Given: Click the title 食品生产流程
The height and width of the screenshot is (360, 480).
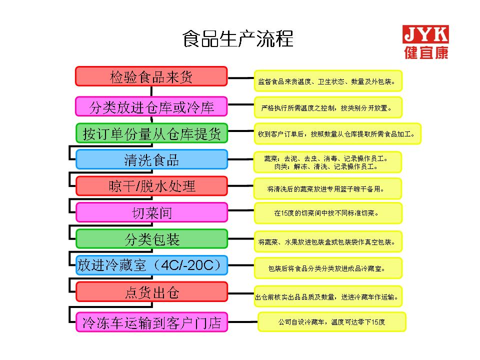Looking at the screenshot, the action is pos(238,39).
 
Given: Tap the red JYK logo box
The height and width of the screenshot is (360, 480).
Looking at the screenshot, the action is pos(425,34).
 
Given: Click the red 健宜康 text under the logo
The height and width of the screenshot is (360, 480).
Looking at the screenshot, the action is pos(426,52).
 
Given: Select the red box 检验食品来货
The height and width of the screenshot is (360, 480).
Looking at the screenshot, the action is pos(151,76).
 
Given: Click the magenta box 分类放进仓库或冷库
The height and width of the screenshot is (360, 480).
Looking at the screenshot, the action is pos(151,106).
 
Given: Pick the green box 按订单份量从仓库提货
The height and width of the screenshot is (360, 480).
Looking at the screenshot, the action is pos(151,133).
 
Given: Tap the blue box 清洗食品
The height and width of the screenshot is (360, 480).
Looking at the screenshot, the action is pos(151,159).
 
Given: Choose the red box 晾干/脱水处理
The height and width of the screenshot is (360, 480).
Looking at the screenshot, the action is pos(151,186).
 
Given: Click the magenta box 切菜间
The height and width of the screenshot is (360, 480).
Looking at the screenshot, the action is pos(151,212).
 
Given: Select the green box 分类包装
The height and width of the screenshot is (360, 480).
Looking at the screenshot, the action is pos(151,239).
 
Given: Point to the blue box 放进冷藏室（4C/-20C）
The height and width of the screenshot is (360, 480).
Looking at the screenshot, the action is pos(151,265).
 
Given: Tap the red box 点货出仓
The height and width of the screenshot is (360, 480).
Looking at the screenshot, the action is pos(151,292).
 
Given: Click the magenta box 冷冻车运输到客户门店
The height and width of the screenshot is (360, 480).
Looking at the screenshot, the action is pos(151,322).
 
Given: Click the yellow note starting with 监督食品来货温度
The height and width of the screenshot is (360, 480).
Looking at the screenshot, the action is pos(328,81).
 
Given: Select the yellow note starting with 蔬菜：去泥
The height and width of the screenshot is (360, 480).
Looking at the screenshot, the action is pos(327,162).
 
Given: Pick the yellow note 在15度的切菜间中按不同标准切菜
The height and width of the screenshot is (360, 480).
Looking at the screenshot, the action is pos(328,213).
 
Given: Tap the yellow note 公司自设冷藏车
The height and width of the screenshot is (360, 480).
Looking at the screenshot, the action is pos(332,321).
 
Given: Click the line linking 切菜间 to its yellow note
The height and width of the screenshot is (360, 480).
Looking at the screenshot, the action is pos(241,210).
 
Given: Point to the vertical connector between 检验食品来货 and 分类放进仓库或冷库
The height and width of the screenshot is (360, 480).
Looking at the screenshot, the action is pos(151,91).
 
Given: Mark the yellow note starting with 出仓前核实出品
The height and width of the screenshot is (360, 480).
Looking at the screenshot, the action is pos(328,296).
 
